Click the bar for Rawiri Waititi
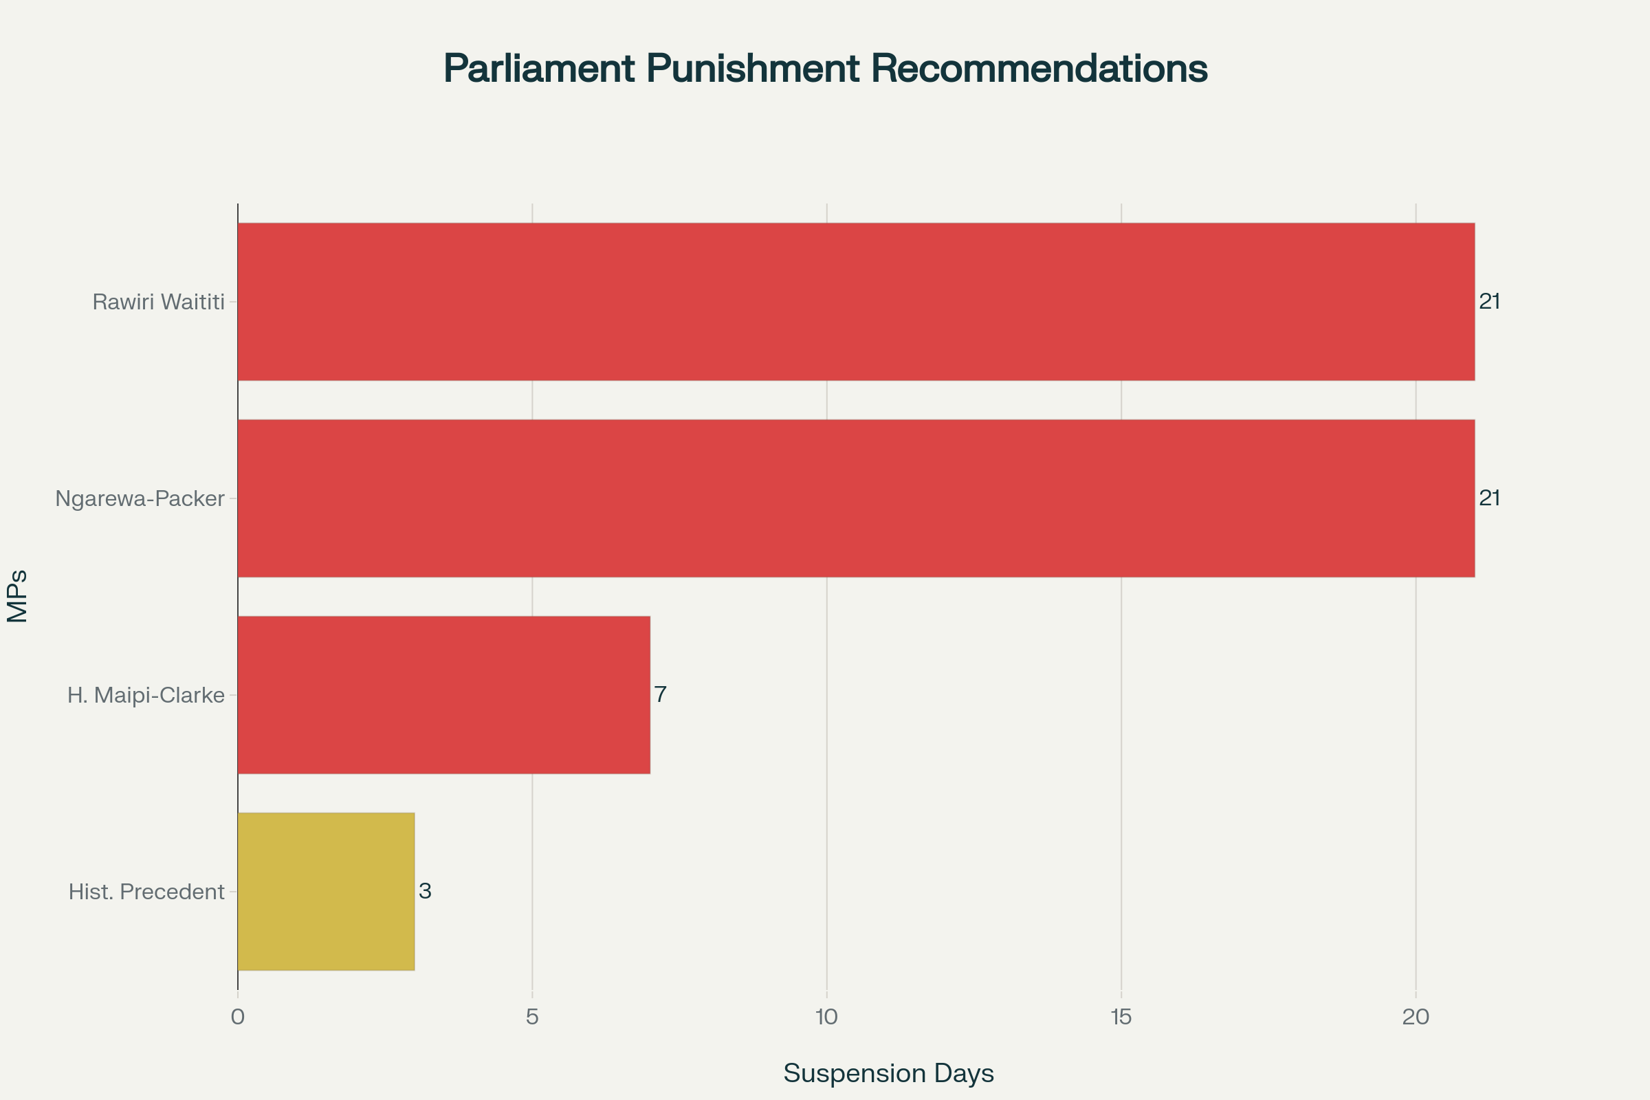856,302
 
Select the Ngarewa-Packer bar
856,498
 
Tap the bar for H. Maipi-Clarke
444,695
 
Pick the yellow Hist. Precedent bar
326,892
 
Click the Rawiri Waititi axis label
159,302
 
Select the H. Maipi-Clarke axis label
146,695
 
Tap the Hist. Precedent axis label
146,892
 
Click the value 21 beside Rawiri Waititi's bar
1489,302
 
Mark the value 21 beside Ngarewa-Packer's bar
1489,498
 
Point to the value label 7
660,694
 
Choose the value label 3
424,891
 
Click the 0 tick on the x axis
238,1017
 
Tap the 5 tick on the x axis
532,1017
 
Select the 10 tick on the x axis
827,1017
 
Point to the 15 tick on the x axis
1121,1017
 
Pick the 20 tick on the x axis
1416,1017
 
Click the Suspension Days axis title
888,1073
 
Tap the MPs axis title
18,596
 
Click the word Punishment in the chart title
753,69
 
